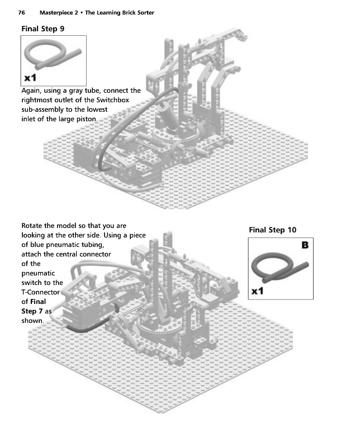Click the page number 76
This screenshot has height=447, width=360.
(x=23, y=12)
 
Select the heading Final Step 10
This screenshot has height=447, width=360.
(x=272, y=230)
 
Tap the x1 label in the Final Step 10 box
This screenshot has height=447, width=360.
(x=258, y=291)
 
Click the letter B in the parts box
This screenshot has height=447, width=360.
(x=305, y=245)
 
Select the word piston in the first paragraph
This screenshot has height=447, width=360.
(x=85, y=119)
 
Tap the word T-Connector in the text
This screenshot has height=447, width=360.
(x=40, y=292)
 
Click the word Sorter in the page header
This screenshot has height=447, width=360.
(x=143, y=12)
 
